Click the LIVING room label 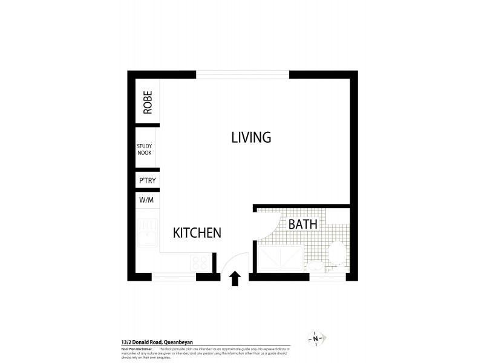(251, 137)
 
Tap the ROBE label (148, 103)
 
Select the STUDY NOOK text (145, 149)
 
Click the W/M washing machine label (146, 200)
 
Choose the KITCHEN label (197, 233)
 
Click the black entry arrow (235, 278)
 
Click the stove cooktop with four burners (200, 263)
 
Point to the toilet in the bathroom (336, 253)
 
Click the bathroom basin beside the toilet (315, 266)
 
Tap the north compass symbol (316, 338)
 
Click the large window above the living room (243, 75)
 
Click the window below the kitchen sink (174, 276)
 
